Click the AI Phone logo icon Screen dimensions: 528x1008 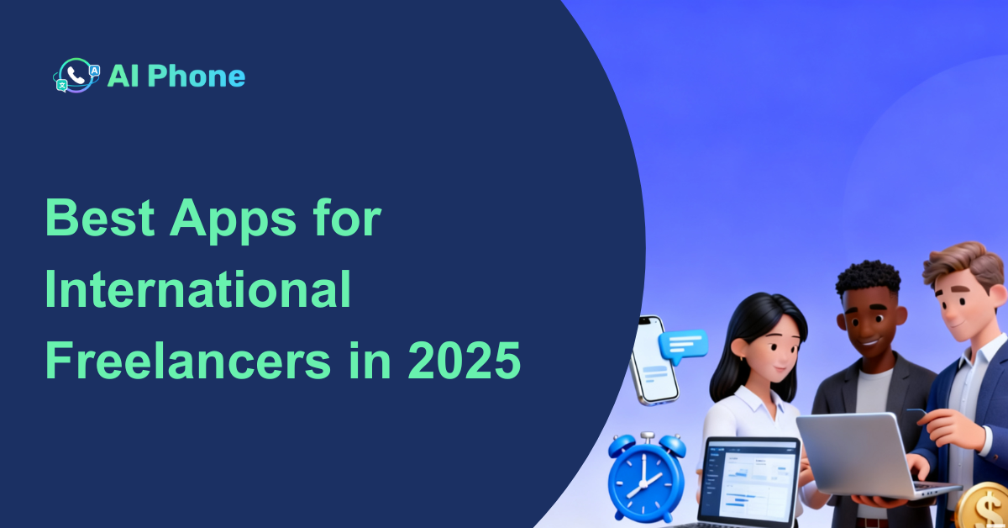pos(76,76)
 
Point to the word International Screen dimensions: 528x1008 pos(197,292)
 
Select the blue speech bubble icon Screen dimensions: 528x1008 pos(683,344)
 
